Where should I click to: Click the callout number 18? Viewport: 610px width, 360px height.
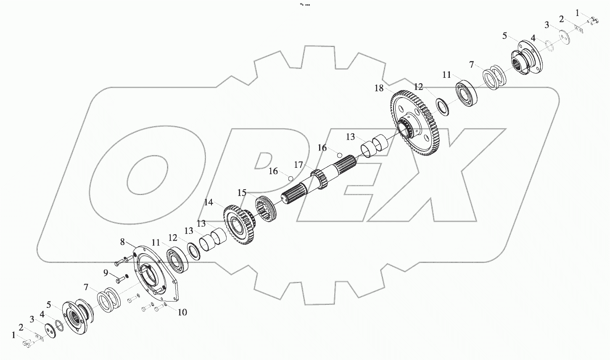coord(379,88)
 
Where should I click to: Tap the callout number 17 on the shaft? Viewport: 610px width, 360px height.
coord(298,165)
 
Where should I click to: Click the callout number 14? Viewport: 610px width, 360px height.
coord(209,202)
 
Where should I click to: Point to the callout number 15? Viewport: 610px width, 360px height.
coord(242,193)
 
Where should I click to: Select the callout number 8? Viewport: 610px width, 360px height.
coord(122,242)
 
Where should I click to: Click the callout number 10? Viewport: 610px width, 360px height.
coord(182,312)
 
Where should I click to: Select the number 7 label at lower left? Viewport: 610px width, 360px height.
coord(86,287)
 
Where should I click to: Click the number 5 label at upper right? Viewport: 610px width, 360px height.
coord(504,36)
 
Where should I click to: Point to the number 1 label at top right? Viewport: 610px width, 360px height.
coord(577,13)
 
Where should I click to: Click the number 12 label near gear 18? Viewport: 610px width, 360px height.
coord(418,87)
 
